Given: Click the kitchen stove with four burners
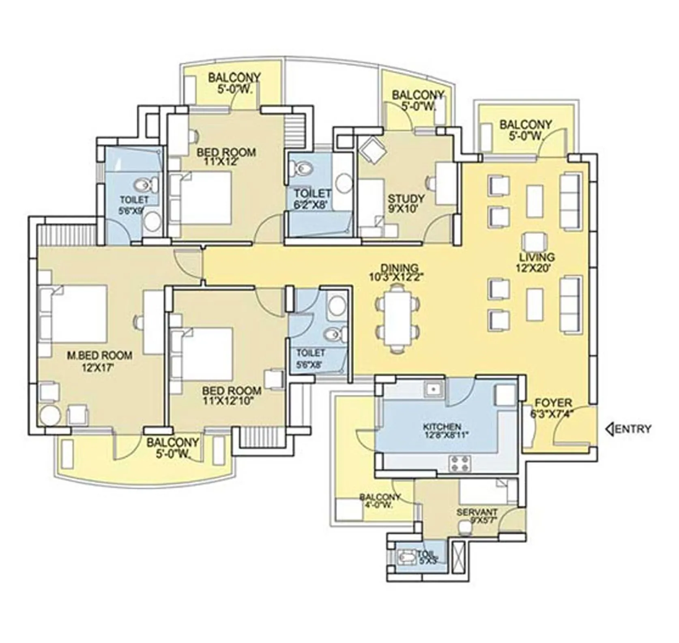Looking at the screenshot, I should (x=460, y=464).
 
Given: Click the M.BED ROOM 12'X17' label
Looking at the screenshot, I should (x=100, y=361).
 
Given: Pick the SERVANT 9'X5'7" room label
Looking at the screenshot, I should (x=477, y=516).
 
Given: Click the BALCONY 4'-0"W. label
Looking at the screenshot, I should (x=380, y=501).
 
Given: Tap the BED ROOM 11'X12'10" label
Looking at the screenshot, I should (x=231, y=396).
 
